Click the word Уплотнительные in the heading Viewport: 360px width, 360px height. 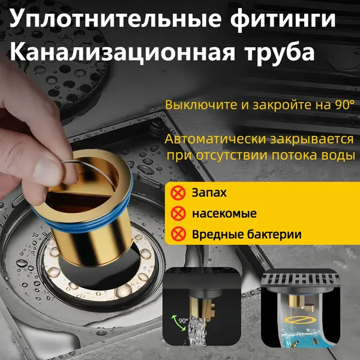tap(116, 19)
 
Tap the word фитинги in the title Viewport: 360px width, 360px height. tap(283, 20)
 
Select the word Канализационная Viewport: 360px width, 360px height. tap(122, 52)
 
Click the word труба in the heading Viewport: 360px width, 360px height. tap(280, 52)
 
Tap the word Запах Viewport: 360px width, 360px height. tap(209, 193)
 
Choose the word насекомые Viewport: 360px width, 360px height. tap(224, 214)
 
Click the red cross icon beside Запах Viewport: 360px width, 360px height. tap(178, 193)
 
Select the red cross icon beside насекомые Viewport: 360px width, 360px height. tap(178, 214)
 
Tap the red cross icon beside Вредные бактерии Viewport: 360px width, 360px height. tap(178, 234)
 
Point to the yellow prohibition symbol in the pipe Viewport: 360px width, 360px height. tap(300, 319)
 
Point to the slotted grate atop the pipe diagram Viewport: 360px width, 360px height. tap(300, 279)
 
